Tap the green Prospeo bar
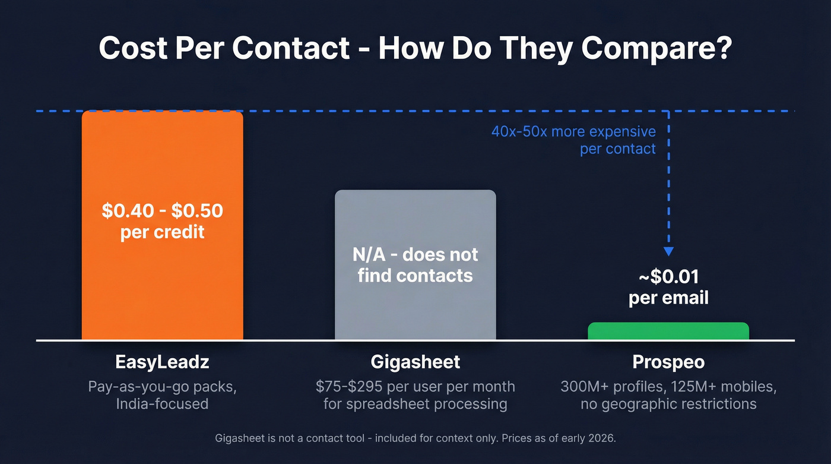668,331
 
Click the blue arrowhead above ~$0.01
669,251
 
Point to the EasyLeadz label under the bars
162,361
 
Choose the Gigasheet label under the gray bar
415,361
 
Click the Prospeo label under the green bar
668,361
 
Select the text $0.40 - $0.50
162,211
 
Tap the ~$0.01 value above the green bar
668,276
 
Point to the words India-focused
162,404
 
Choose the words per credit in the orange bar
162,232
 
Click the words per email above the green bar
668,297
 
